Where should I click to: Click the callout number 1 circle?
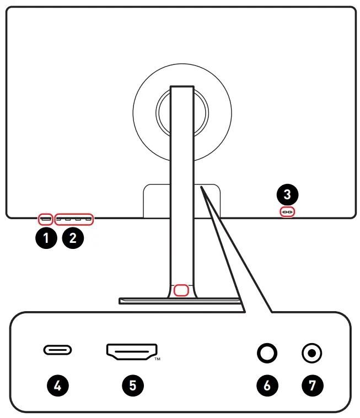46,238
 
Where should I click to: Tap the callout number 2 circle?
73,238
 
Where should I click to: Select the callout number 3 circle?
287,194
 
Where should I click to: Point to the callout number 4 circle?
57,385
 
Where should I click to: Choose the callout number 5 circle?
132,385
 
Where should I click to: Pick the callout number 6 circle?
267,385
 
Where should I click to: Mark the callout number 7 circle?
313,385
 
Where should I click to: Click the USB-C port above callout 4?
57,350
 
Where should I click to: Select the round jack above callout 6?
267,353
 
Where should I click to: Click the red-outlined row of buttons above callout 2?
74,219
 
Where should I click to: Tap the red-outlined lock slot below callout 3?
287,211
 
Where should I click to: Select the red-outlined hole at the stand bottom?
181,290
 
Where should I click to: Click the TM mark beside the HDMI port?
157,359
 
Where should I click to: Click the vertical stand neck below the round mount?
181,220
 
